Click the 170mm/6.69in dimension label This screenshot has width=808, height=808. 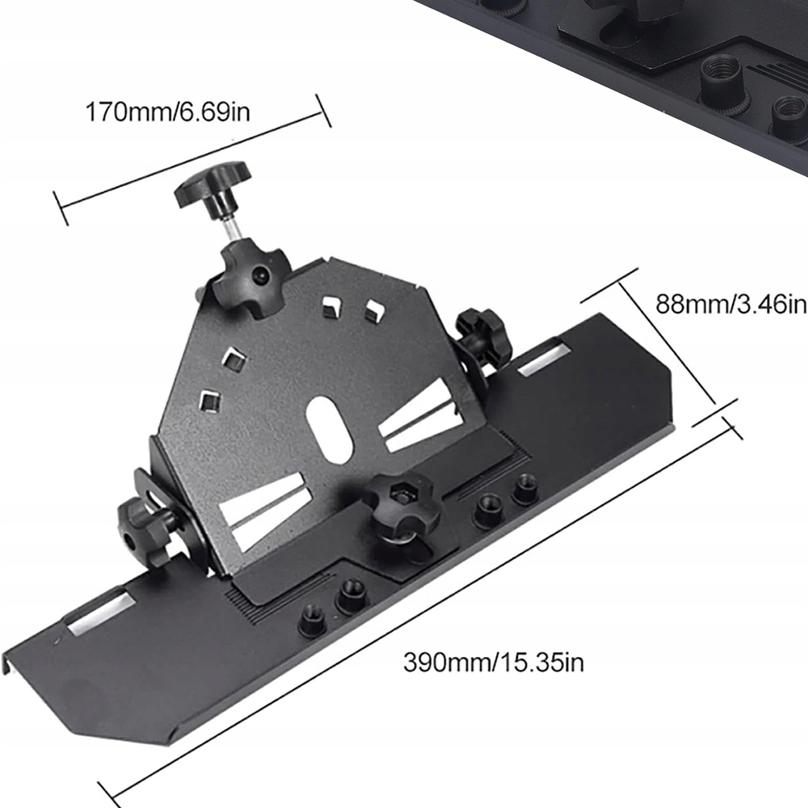(x=167, y=112)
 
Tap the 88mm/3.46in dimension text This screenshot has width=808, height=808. (x=731, y=304)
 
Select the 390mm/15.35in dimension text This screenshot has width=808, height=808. (x=494, y=663)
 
